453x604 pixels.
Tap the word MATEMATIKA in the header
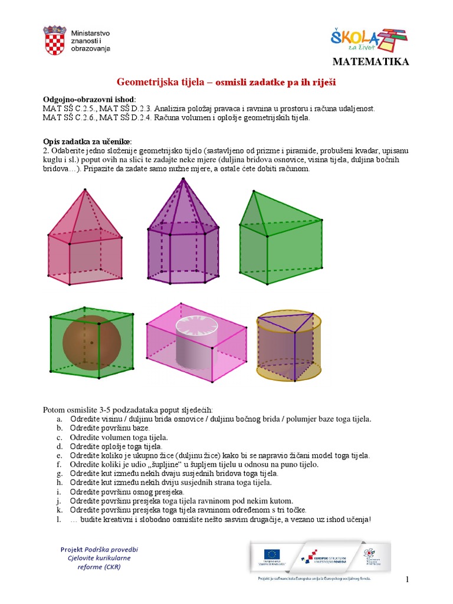[x=370, y=62]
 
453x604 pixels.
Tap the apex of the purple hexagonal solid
[x=175, y=180]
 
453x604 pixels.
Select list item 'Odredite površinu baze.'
[x=110, y=428]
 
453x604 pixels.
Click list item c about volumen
[x=119, y=437]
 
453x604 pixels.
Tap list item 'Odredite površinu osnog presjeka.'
[x=127, y=491]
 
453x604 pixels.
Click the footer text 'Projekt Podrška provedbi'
[x=99, y=549]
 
